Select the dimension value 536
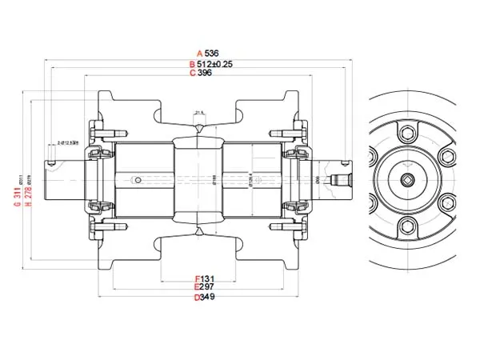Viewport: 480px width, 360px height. pyautogui.click(x=212, y=54)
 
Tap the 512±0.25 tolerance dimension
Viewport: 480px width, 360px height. pyautogui.click(x=214, y=64)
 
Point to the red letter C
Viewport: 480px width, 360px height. pyautogui.click(x=192, y=73)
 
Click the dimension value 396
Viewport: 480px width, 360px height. pyautogui.click(x=205, y=73)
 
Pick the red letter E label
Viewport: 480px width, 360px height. pyautogui.click(x=197, y=287)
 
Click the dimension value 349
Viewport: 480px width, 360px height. pyautogui.click(x=208, y=297)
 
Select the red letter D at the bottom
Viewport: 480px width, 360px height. pyautogui.click(x=197, y=297)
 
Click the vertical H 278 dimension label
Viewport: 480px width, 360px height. pyautogui.click(x=29, y=194)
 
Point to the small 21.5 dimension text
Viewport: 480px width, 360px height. pyautogui.click(x=199, y=112)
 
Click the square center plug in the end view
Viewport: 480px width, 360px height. pyautogui.click(x=409, y=178)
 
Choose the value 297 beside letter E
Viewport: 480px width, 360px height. pyautogui.click(x=208, y=287)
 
